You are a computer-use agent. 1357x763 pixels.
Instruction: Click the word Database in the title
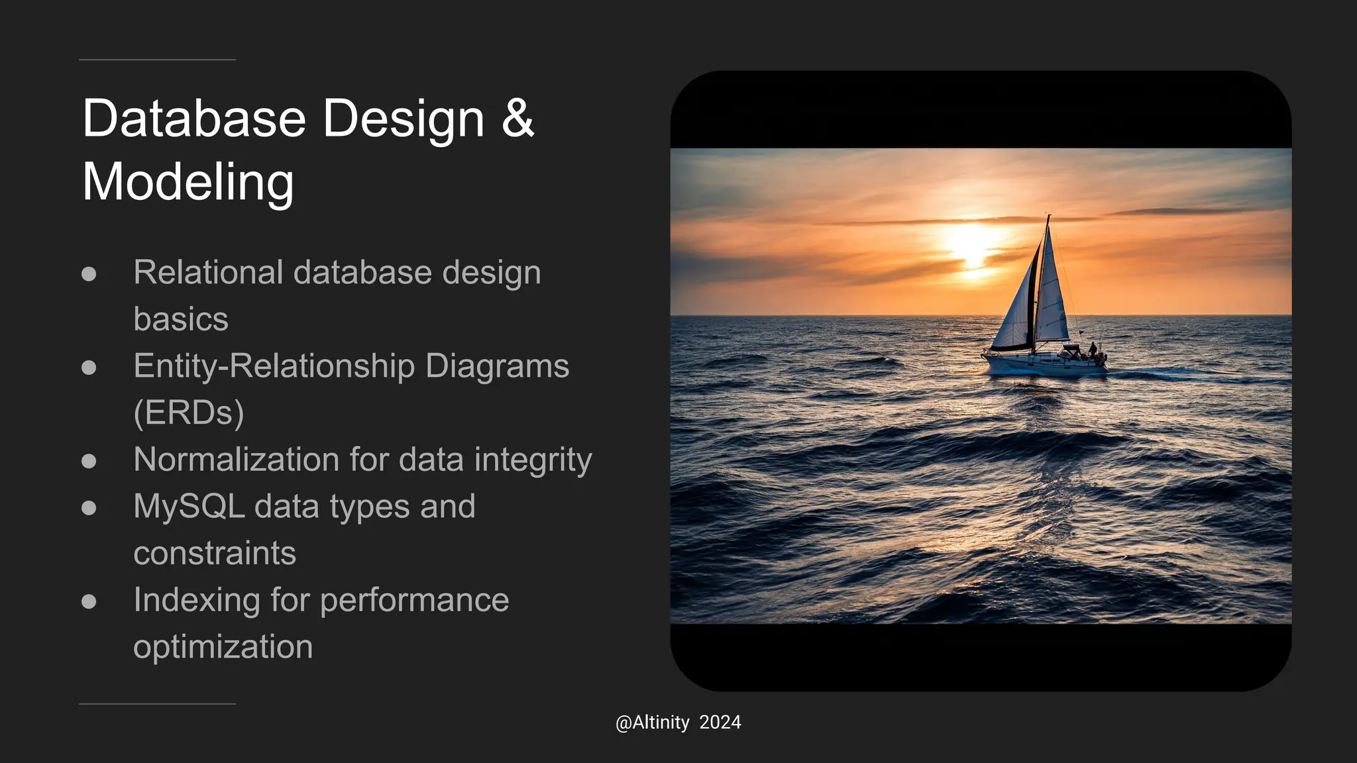click(193, 119)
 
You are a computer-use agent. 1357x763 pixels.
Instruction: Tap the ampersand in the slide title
click(517, 119)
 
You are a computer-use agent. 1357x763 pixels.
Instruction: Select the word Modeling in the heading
click(188, 182)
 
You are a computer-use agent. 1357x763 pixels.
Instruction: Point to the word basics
click(180, 319)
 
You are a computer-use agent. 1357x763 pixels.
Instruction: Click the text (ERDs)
click(188, 413)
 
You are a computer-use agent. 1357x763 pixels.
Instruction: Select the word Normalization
click(235, 460)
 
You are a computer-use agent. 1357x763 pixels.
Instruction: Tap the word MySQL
click(189, 507)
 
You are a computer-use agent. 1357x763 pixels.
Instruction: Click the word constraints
click(214, 554)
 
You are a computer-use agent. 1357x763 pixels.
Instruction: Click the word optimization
click(223, 647)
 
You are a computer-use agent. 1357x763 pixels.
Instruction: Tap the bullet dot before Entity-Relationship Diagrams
click(89, 368)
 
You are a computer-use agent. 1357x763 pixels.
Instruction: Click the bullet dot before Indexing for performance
click(89, 601)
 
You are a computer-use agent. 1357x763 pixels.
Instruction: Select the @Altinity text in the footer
click(652, 723)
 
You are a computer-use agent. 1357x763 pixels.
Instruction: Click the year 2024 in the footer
click(720, 723)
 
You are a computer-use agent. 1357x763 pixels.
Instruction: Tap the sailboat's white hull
click(1034, 364)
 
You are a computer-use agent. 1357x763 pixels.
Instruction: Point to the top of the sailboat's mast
click(1048, 217)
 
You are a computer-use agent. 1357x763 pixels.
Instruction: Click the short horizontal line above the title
click(157, 60)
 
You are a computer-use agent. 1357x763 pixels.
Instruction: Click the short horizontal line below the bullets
click(157, 704)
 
